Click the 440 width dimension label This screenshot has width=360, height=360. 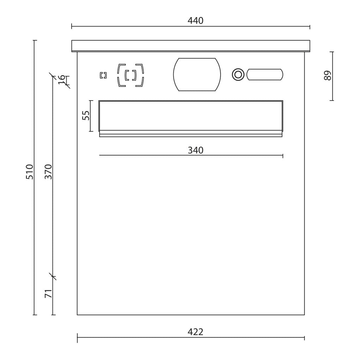[x=196, y=21]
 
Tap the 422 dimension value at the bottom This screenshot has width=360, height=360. [x=196, y=332]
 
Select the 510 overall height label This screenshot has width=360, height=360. [x=30, y=172]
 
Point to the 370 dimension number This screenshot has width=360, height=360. [x=48, y=172]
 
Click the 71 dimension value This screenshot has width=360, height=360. [x=48, y=294]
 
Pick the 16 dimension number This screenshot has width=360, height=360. [x=61, y=80]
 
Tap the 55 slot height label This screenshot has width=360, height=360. [x=86, y=115]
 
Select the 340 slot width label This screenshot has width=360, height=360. [x=196, y=150]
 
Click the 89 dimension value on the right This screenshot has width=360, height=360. [x=328, y=76]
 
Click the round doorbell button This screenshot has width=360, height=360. [x=238, y=74]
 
